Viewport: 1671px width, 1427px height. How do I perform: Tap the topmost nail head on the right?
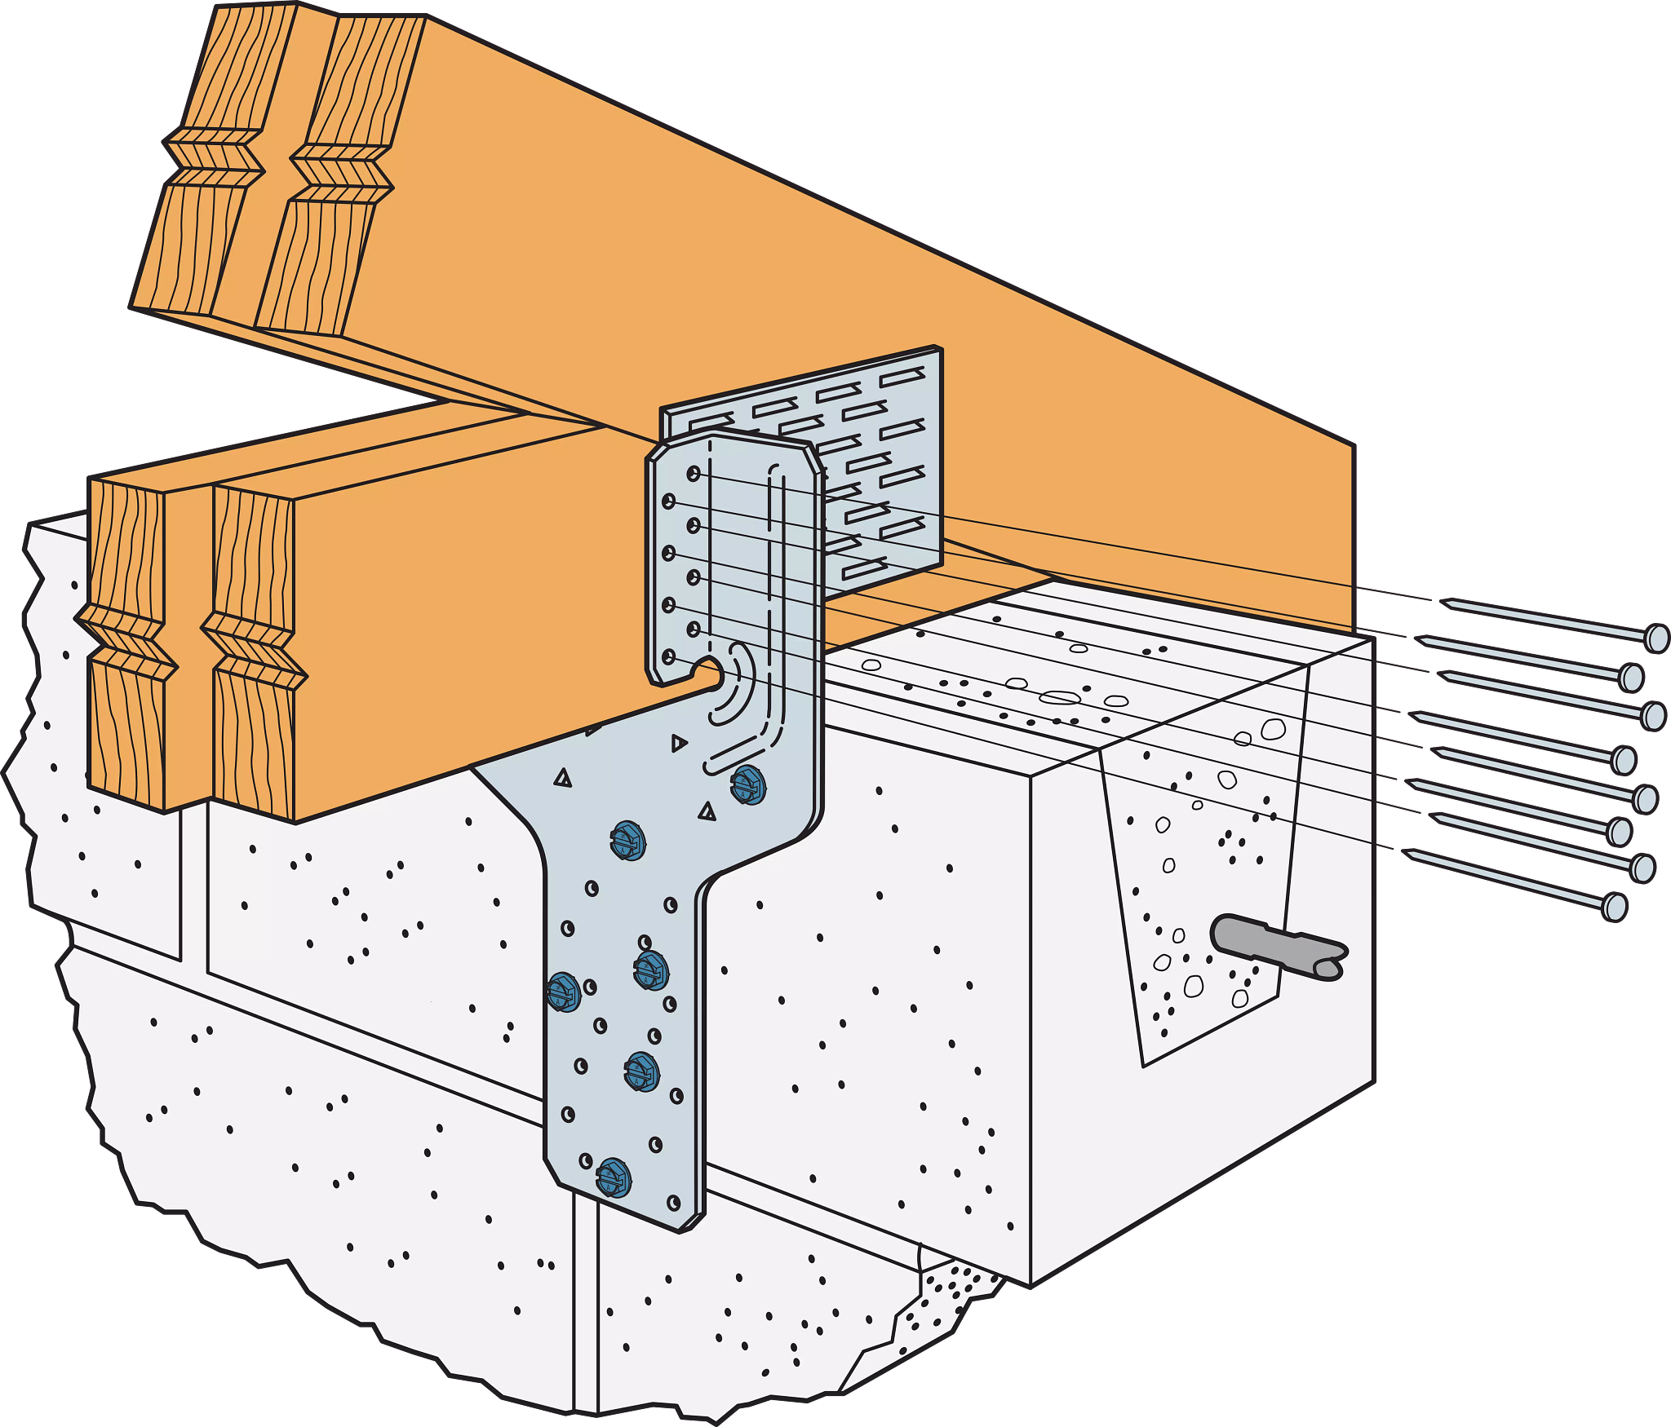[x=1656, y=638]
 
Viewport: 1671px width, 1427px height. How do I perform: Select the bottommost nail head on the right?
[x=1614, y=907]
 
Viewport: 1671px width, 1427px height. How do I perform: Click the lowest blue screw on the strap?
[x=614, y=1177]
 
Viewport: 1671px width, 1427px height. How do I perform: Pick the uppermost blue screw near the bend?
[x=747, y=785]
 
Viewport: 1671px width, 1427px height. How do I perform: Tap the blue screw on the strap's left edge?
[x=563, y=992]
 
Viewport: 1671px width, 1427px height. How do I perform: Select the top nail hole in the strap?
[x=693, y=474]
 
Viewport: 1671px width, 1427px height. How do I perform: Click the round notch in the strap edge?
[x=708, y=670]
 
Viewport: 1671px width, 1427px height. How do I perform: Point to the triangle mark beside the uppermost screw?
[x=707, y=812]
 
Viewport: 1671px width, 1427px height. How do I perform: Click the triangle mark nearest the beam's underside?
[x=678, y=743]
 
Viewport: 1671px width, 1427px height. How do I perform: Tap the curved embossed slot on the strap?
[x=734, y=685]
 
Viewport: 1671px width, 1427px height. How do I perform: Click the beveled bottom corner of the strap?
[x=692, y=1222]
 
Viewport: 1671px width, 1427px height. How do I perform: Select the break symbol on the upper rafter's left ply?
[x=217, y=157]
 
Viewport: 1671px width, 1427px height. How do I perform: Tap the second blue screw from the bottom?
[x=641, y=1071]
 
